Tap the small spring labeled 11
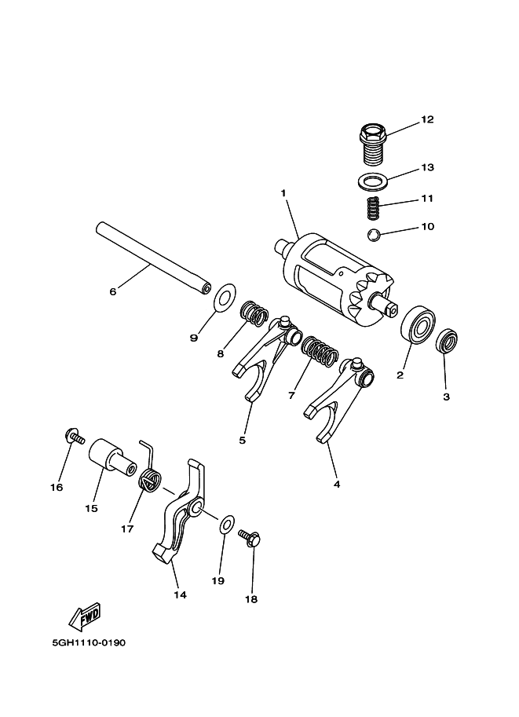375,208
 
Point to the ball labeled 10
375,234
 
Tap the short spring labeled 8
252,313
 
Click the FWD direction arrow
85,617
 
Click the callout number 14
180,594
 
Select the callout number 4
337,485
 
